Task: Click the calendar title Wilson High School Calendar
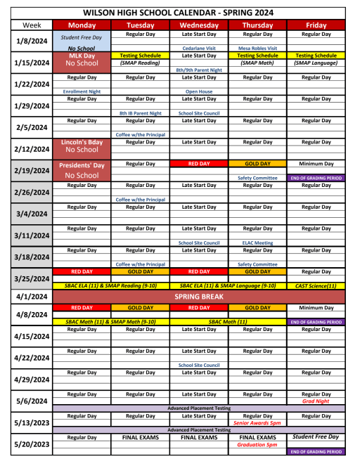point(179,13)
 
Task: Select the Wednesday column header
point(199,25)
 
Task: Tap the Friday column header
point(316,25)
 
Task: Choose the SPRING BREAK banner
point(199,297)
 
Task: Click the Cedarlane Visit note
point(199,48)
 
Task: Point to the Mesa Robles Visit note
point(257,48)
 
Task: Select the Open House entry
point(199,91)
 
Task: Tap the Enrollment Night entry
point(82,91)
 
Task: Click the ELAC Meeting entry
point(257,242)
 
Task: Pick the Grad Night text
point(316,401)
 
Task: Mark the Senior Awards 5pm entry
point(257,423)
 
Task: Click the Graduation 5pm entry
point(257,444)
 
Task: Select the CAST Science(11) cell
point(316,286)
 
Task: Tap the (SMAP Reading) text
point(140,63)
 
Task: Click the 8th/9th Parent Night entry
point(199,70)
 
